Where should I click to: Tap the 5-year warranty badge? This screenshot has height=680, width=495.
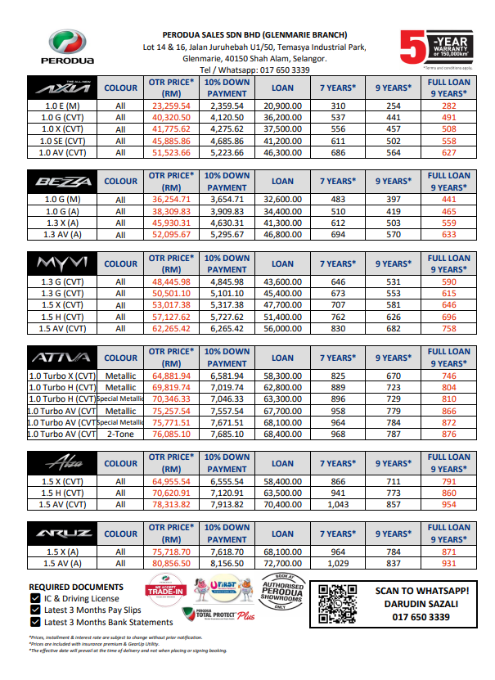[443, 48]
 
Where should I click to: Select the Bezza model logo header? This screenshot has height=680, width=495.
[61, 181]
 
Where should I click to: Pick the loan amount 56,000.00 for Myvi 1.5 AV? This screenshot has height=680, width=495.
[282, 328]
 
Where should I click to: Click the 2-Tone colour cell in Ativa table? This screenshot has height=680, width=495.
[121, 435]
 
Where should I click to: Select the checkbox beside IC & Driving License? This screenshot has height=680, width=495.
[34, 598]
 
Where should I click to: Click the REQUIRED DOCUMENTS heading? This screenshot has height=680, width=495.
[76, 587]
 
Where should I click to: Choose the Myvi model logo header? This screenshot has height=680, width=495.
[61, 263]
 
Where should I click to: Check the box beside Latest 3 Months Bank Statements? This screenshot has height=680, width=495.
[34, 622]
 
